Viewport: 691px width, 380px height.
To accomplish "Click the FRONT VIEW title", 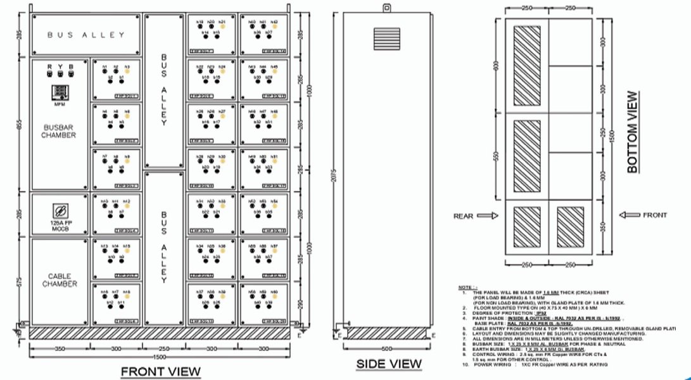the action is pos(160,371).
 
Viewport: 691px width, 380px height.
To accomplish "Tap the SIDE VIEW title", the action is pos(388,364).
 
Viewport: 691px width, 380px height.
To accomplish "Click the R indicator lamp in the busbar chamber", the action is pos(49,75).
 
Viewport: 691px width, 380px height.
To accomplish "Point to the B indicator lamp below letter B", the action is pos(71,75).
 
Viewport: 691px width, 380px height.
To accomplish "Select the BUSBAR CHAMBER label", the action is pos(60,131).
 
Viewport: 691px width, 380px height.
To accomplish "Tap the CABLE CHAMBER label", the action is pos(60,280).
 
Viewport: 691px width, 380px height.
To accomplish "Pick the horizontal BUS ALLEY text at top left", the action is pos(86,35).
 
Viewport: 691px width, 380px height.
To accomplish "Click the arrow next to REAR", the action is pos(487,216).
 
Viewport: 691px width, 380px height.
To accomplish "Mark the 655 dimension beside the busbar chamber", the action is pos(20,125).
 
